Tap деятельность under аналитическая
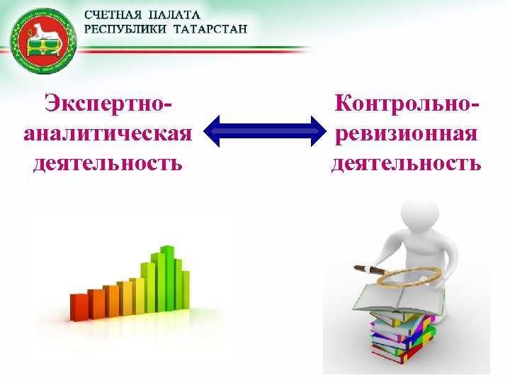pyautogui.click(x=108, y=163)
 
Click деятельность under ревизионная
pyautogui.click(x=406, y=163)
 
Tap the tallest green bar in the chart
pyautogui.click(x=167, y=280)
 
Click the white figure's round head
pyautogui.click(x=418, y=213)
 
